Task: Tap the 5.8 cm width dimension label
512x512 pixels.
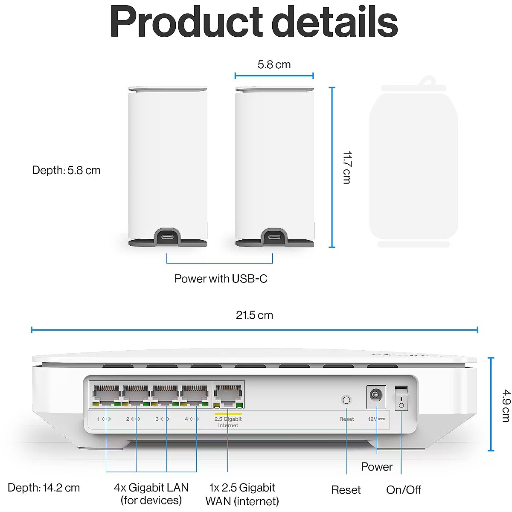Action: click(x=274, y=65)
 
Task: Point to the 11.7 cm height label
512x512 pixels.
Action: click(x=346, y=167)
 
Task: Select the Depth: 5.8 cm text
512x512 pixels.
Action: click(x=67, y=170)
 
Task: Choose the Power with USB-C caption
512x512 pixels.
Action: click(x=221, y=279)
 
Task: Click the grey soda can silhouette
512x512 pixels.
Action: click(x=413, y=164)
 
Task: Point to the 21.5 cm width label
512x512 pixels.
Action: click(x=254, y=315)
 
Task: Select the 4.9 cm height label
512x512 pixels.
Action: click(x=505, y=405)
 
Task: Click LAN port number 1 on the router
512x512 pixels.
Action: click(x=107, y=395)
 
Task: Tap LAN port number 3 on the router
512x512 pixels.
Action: click(x=166, y=395)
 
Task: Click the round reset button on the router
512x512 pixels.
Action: click(x=346, y=400)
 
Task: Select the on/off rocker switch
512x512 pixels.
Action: click(x=401, y=398)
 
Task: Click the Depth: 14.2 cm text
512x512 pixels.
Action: click(x=44, y=488)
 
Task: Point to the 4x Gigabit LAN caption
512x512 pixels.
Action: click(x=151, y=494)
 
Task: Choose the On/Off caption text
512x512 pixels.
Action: click(x=404, y=490)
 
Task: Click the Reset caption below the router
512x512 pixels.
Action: click(x=346, y=490)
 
